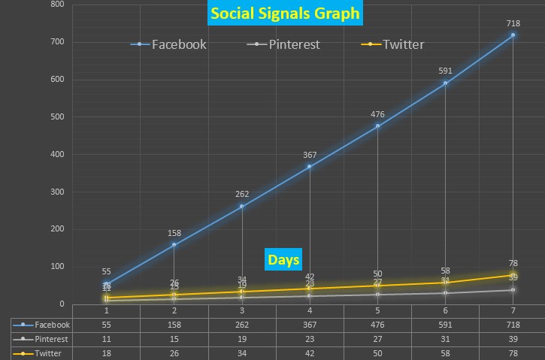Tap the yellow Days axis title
(x=283, y=260)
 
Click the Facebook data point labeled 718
(x=513, y=35)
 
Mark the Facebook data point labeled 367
(x=310, y=166)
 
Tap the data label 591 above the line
(x=446, y=71)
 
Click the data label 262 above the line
(x=242, y=194)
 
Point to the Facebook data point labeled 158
(x=174, y=244)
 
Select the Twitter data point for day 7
(x=513, y=274)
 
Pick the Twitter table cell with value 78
(x=513, y=352)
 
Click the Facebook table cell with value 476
(x=377, y=325)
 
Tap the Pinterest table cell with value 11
(x=106, y=339)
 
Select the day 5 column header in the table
(x=377, y=310)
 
